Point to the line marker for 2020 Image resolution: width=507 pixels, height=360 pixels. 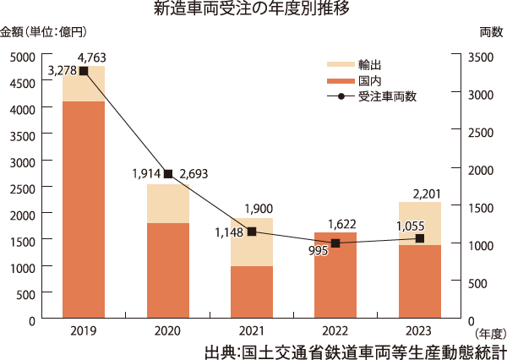click(x=167, y=174)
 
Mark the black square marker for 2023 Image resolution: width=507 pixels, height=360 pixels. click(x=419, y=239)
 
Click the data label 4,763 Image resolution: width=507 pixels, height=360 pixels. click(x=90, y=57)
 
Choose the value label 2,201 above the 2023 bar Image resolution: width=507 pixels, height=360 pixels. click(x=427, y=195)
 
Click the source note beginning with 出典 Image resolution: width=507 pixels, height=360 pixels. click(x=355, y=349)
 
